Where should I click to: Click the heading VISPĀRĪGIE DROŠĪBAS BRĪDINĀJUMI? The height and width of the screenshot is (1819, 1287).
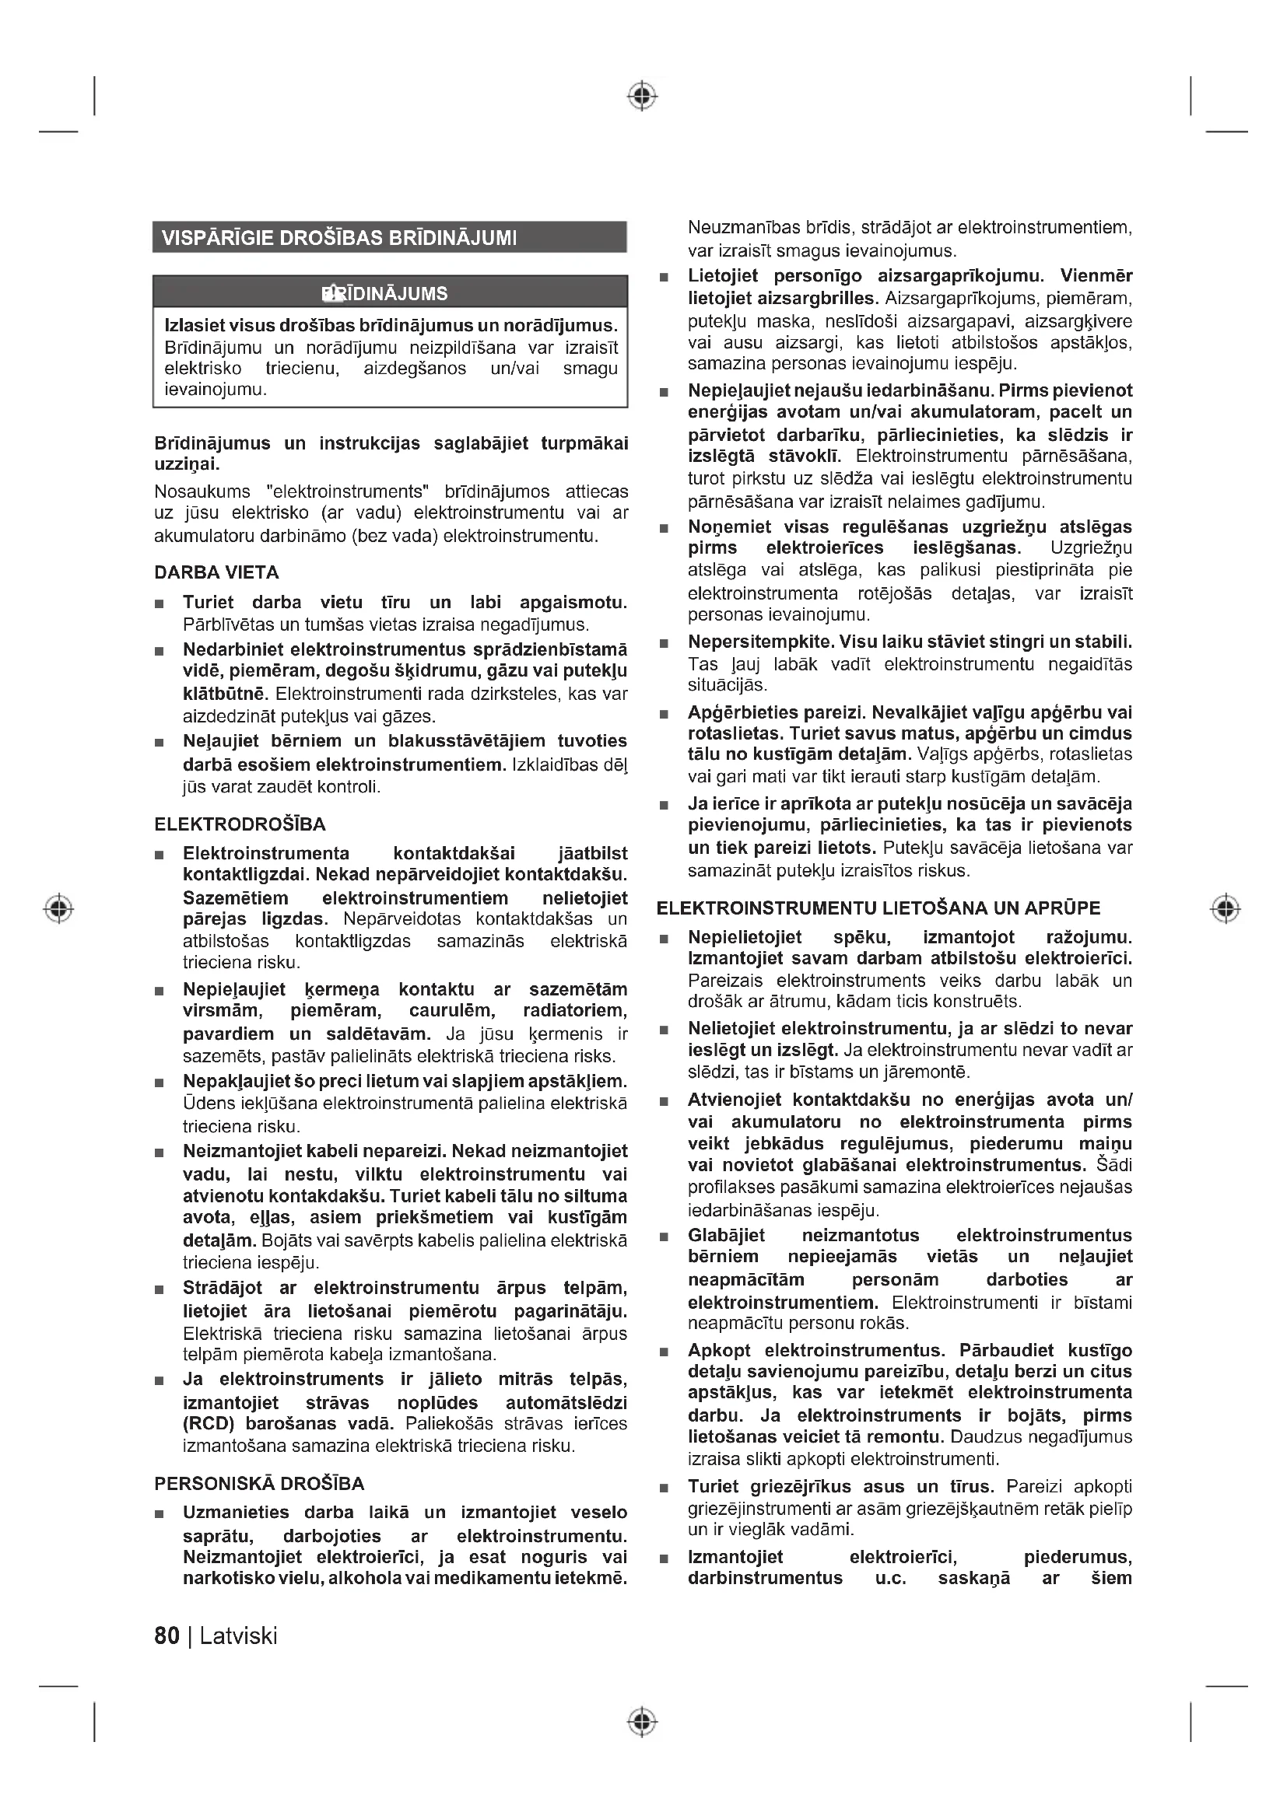tap(339, 238)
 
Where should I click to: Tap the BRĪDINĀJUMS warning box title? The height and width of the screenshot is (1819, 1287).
tap(385, 294)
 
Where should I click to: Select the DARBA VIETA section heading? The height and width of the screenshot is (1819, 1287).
tap(216, 572)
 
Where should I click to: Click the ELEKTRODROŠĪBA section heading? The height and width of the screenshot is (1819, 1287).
tap(240, 824)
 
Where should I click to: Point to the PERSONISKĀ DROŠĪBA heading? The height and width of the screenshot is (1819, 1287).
tap(259, 1484)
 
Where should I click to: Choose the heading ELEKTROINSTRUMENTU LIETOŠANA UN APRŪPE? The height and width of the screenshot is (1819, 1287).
tap(878, 908)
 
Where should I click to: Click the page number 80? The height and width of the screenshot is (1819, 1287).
tap(167, 1636)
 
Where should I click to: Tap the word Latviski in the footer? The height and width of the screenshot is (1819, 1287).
tap(239, 1636)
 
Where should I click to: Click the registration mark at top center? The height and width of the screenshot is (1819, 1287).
tap(643, 96)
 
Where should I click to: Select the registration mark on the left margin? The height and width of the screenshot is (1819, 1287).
tap(58, 908)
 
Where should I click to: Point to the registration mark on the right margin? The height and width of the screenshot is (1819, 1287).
tap(1226, 908)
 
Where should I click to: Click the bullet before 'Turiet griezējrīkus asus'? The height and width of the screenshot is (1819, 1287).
tap(664, 1488)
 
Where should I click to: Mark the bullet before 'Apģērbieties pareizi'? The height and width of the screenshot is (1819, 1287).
tap(664, 714)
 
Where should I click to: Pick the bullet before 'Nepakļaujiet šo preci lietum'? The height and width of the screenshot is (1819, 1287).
tap(160, 1083)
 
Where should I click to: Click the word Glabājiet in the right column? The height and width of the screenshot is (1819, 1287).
tap(726, 1235)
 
